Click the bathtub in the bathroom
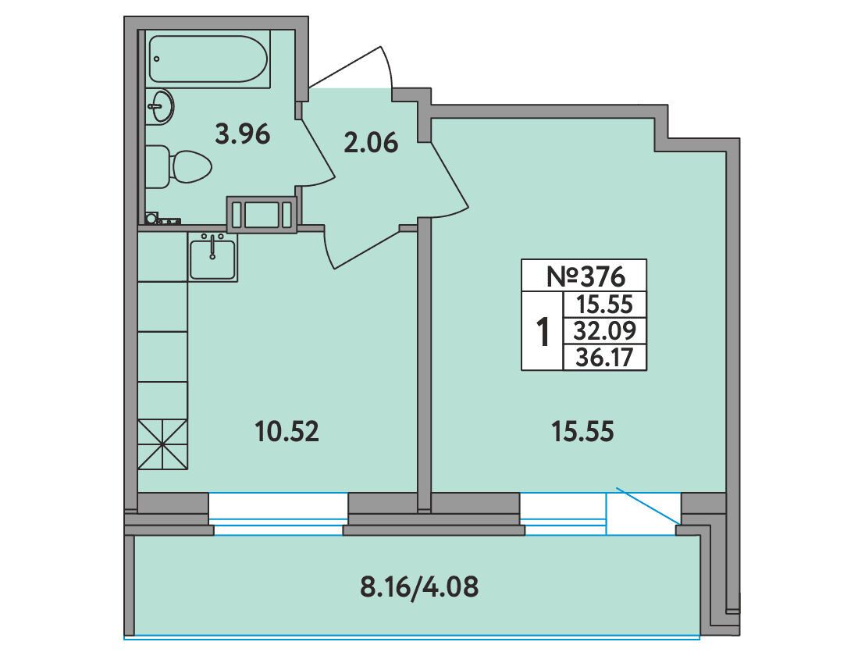point(208,59)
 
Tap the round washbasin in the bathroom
point(161,106)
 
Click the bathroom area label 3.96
point(243,134)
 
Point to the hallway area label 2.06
point(370,144)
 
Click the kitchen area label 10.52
point(287,431)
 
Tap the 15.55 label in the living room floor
point(582,431)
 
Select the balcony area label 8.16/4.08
point(419,587)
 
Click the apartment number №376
point(586,276)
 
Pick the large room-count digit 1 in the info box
point(543,331)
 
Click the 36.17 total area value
point(604,358)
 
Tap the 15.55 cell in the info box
point(604,304)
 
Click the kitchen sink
point(212,257)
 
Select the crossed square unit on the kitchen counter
point(162,444)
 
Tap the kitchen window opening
point(279,513)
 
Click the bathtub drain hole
point(157,59)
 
